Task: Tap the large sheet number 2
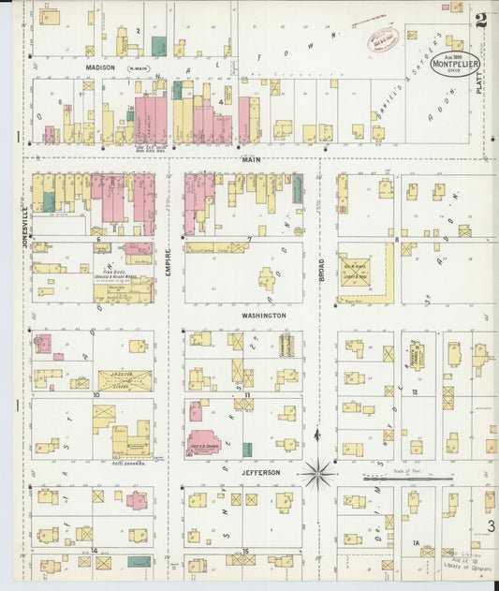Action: click(480, 21)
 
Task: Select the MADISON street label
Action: click(100, 67)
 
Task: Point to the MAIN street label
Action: click(251, 160)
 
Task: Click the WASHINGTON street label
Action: click(263, 316)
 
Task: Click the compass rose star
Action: click(318, 472)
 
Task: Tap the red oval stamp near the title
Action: click(382, 38)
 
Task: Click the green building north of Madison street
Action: click(159, 46)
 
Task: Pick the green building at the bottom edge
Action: click(139, 562)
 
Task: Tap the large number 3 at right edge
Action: click(490, 527)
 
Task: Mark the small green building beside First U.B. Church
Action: click(247, 449)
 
